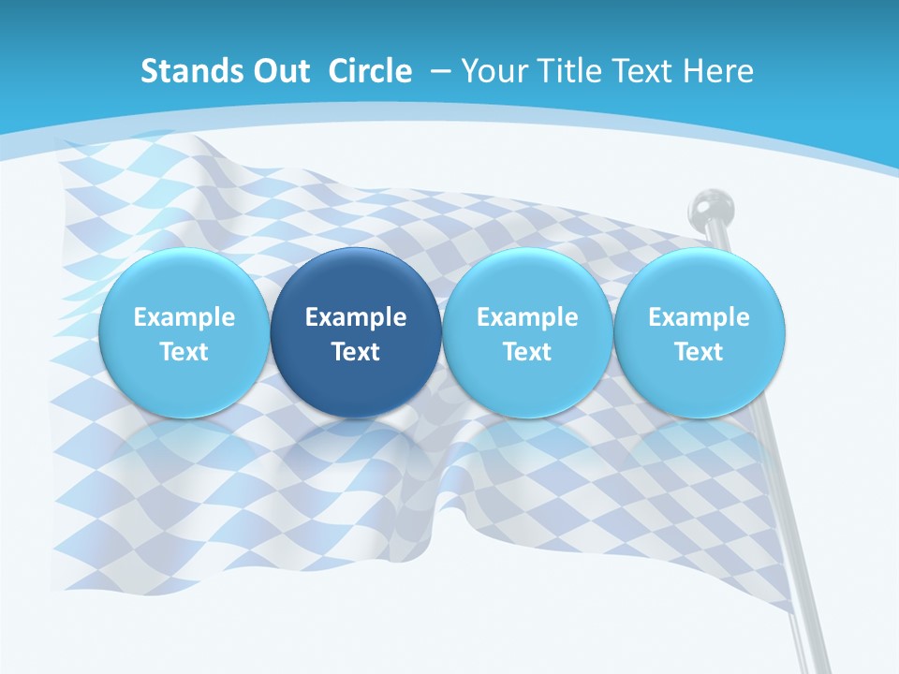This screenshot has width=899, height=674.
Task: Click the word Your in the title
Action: (x=491, y=71)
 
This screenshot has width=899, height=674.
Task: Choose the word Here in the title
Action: (x=719, y=71)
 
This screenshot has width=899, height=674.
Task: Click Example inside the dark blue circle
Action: (x=356, y=317)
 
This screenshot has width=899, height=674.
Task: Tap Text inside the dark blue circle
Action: (x=356, y=352)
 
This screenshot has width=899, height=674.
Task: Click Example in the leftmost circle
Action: (x=184, y=317)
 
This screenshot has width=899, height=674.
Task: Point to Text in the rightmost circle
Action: (x=700, y=352)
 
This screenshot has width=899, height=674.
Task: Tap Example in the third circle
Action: (x=527, y=317)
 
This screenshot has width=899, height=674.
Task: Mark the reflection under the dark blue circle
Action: (x=356, y=449)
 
